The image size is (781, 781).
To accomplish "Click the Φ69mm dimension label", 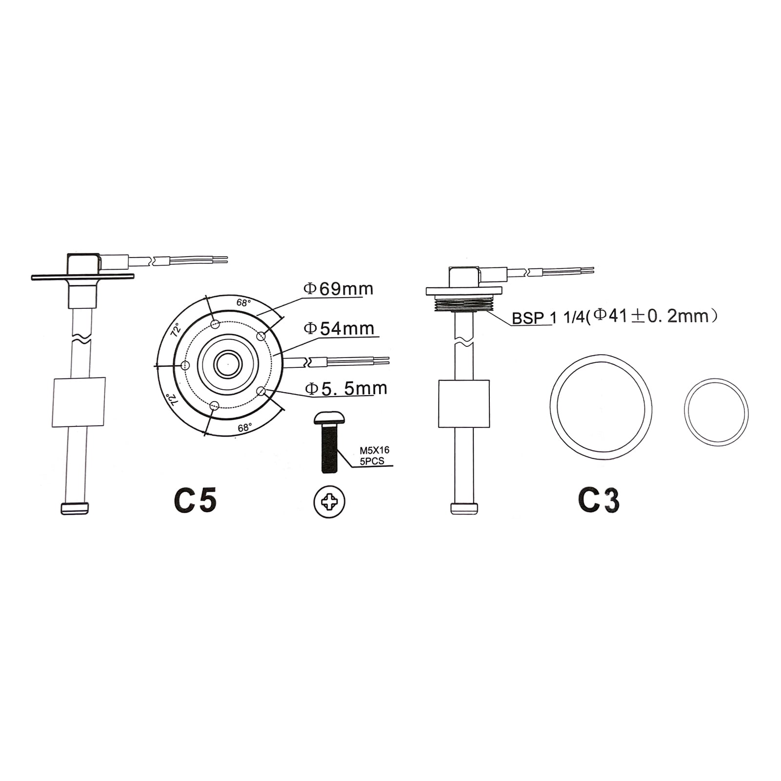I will pos(339,289).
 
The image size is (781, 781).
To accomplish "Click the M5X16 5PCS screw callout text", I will pos(371,456).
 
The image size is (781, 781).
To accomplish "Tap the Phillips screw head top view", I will pos(330,502).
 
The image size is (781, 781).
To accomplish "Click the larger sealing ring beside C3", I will pos(601,406).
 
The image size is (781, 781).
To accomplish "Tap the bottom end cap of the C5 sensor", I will pos(75,508).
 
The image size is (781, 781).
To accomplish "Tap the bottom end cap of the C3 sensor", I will pos(464,508).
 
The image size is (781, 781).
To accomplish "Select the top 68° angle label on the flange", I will pos(243,303).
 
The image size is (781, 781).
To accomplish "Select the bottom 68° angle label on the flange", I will pos(244,428).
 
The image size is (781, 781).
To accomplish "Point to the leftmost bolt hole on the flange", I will pos(185,365).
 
